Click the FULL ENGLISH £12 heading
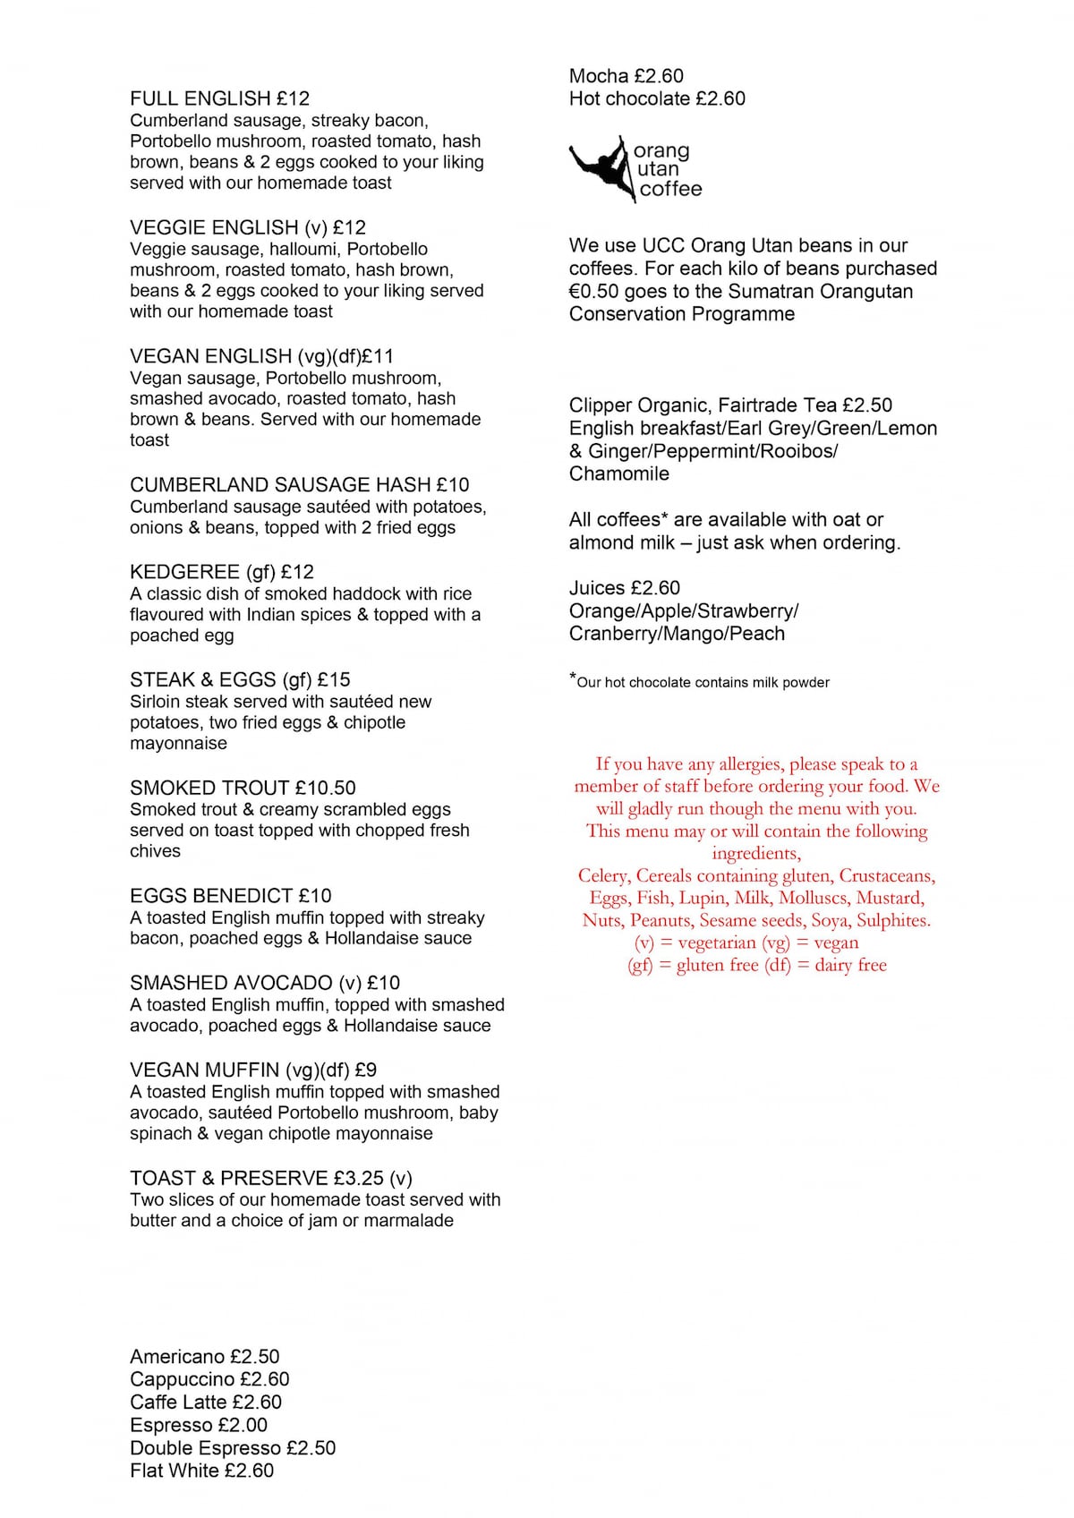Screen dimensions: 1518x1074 pos(219,98)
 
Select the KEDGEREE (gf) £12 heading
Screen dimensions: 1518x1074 pos(221,572)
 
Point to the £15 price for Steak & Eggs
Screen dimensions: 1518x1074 pos(334,679)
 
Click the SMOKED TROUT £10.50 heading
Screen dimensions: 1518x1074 pos(243,788)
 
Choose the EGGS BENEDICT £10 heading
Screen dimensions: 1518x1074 pos(230,896)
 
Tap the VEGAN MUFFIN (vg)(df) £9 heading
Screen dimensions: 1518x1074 pos(252,1070)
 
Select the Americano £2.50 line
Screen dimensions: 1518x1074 pos(204,1357)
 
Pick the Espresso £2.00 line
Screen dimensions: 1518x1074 pos(198,1425)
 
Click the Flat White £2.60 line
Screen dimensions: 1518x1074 pos(201,1471)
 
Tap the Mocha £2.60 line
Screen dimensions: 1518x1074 pos(626,76)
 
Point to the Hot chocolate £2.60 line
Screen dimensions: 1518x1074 pos(657,98)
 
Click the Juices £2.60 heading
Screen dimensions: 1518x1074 pos(624,588)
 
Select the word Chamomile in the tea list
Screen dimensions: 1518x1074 pos(618,473)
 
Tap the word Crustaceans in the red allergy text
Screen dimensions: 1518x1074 pos(886,875)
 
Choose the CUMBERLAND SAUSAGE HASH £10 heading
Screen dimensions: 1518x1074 pos(299,485)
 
